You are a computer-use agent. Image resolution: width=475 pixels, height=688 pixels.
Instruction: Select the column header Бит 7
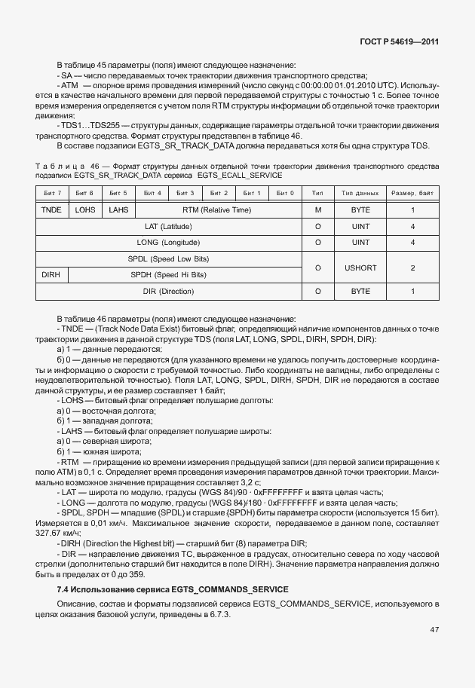[x=54, y=194]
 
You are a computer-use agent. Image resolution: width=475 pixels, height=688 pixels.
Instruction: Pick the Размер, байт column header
[x=412, y=194]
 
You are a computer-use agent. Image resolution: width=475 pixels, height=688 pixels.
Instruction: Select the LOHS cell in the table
[x=86, y=209]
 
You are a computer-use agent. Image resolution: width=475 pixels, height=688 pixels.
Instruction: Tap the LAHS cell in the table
[x=118, y=209]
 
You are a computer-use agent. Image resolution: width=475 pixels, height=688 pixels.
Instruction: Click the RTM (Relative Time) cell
[x=218, y=209]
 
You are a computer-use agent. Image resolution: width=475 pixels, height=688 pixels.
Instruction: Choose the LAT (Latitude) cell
[x=168, y=226]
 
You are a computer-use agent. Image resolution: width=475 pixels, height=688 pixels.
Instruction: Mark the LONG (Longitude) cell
[x=168, y=243]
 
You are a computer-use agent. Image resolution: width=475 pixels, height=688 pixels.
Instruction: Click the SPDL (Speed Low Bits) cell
[x=168, y=258]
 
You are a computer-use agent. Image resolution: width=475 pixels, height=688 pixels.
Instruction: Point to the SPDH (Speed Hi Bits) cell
[x=185, y=274]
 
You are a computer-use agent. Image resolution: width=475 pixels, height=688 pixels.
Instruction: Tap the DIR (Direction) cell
[x=168, y=291]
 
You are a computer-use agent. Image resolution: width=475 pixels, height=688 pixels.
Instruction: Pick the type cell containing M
[x=317, y=209]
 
